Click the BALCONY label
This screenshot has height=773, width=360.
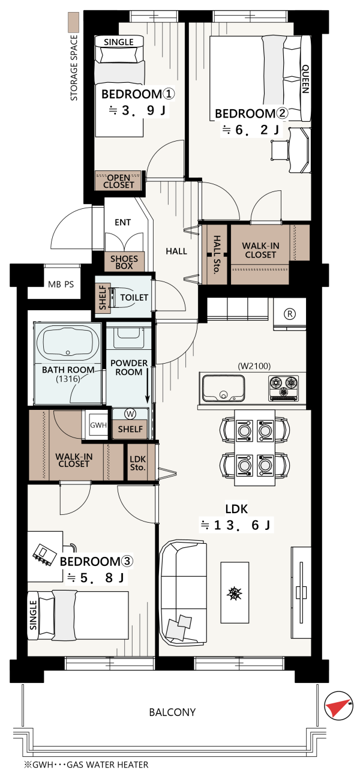pos(172,712)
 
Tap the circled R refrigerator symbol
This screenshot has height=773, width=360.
pos(290,314)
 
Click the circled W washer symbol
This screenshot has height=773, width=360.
pos(130,414)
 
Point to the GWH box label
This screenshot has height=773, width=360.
pos(98,425)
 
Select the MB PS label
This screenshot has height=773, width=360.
pos(61,284)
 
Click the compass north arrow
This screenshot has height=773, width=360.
pos(339,706)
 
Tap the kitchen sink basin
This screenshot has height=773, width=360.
pos(224,388)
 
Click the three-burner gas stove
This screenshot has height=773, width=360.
pos(284,388)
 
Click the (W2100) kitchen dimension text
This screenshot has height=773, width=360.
pos(254,366)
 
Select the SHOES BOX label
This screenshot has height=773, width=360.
pos(124,262)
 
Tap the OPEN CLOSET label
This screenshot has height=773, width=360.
pos(119,181)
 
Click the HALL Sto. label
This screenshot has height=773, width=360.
pos(217,254)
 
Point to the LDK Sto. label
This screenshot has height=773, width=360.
pos(138,463)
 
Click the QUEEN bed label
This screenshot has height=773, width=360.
pos(305,79)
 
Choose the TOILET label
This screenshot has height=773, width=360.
pos(134,297)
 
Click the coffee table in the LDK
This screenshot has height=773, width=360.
pos(235,592)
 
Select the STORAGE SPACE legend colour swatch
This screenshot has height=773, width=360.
pos(74,22)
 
